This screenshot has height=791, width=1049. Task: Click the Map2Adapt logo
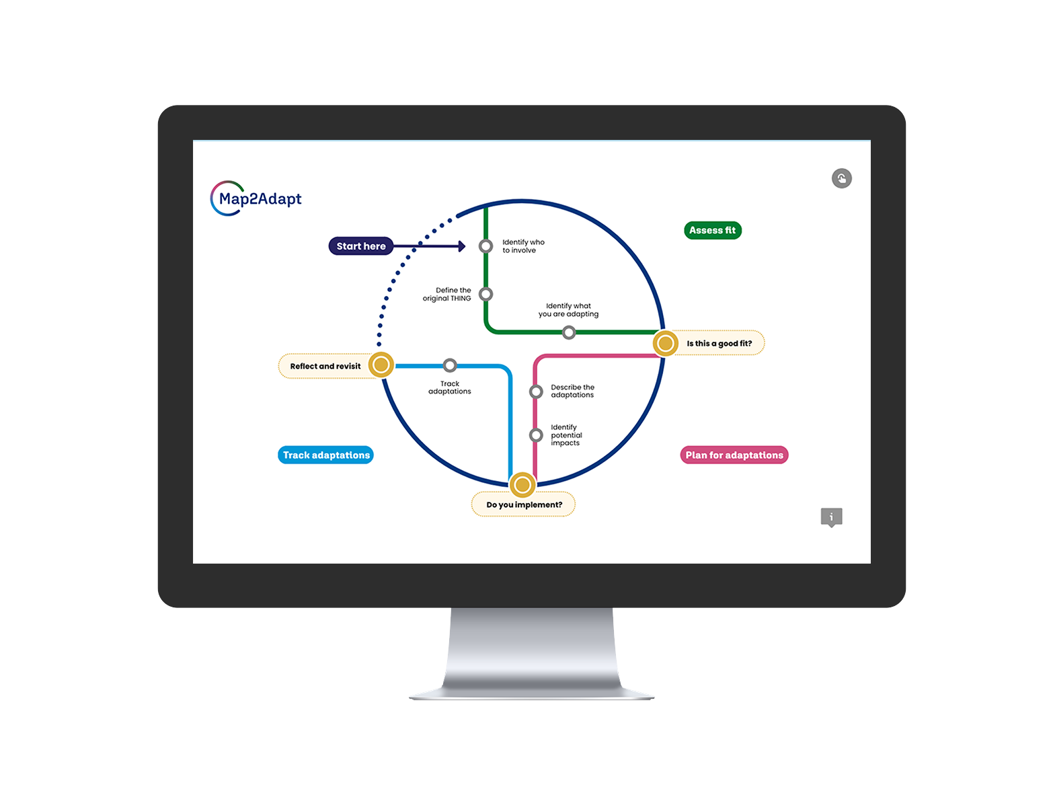pos(256,198)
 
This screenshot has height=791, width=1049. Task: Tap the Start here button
pos(361,246)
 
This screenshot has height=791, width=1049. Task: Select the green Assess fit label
pos(712,230)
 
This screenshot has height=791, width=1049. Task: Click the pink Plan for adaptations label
pos(734,455)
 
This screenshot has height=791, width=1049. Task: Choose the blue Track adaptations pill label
pos(326,455)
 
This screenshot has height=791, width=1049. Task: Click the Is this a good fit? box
pos(719,343)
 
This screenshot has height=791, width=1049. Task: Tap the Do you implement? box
pos(524,504)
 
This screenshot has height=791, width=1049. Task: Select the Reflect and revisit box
pos(325,366)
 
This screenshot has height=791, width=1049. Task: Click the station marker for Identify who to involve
pos(485,246)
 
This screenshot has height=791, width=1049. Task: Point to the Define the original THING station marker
pos(485,294)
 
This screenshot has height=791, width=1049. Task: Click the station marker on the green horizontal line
pos(569,332)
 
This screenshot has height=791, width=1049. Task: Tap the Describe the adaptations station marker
pos(536,391)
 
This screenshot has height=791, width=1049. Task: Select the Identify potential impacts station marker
pos(536,435)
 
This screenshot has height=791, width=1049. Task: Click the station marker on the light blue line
pos(450,365)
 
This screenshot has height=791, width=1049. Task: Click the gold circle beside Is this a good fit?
pos(665,344)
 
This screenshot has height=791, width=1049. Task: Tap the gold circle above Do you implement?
pos(522,484)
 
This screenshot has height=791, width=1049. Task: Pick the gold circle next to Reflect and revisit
pos(381,365)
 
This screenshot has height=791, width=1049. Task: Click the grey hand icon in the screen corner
pos(841,178)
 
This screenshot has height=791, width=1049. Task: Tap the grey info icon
pos(831,517)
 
